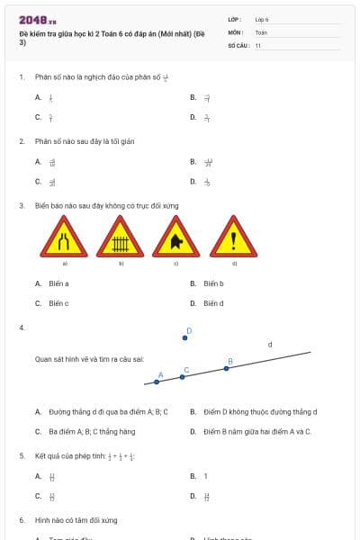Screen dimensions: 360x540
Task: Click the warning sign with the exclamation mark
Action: [x=234, y=239]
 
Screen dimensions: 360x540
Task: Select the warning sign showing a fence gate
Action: [x=121, y=239]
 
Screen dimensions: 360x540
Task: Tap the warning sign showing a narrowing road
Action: [x=66, y=239]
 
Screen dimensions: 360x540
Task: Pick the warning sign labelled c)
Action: [x=176, y=239]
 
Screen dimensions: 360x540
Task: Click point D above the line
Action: [x=185, y=338]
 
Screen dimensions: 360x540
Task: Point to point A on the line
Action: [x=157, y=382]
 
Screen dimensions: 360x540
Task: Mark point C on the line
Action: [x=183, y=376]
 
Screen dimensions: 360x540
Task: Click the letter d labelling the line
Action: [x=270, y=344]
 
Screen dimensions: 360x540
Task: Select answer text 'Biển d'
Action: [x=213, y=303]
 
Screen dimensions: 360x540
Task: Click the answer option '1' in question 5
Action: [x=205, y=476]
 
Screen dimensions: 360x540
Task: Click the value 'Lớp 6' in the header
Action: [x=262, y=18]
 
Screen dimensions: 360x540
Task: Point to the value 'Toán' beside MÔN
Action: [x=261, y=31]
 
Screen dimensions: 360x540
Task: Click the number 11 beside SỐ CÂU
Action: [x=258, y=45]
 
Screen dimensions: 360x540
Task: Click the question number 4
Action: [x=21, y=328]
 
